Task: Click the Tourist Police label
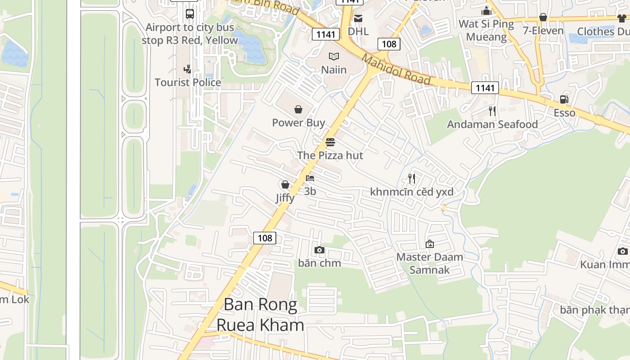188,82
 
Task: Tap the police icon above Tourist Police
187,69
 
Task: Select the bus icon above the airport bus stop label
190,13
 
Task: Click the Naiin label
334,70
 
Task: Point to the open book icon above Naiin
333,56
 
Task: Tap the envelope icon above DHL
358,18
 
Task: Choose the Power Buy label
298,123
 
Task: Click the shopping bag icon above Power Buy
298,109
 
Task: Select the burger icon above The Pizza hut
330,142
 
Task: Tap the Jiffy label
285,198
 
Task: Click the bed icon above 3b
310,178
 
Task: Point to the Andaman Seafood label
492,124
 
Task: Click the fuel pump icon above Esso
564,99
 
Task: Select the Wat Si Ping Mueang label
486,30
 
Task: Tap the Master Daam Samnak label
430,263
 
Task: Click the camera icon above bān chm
319,250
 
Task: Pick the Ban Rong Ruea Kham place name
261,315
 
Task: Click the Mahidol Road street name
396,69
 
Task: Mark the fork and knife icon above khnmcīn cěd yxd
411,179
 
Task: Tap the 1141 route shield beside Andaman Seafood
485,88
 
